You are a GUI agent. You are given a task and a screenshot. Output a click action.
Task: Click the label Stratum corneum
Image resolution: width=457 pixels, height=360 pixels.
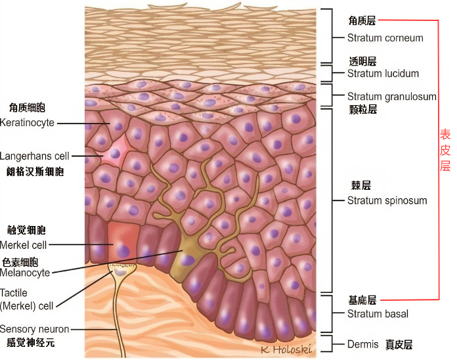pyautogui.click(x=385, y=38)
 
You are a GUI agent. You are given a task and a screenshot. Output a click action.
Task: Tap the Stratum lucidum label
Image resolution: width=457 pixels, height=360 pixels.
pyautogui.click(x=383, y=74)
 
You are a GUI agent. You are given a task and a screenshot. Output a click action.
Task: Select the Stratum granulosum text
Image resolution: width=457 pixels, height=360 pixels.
pyautogui.click(x=391, y=97)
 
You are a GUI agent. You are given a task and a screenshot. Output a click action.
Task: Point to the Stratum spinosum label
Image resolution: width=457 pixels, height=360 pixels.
pyautogui.click(x=387, y=200)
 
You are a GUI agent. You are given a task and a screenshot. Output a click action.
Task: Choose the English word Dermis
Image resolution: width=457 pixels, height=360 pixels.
pyautogui.click(x=362, y=344)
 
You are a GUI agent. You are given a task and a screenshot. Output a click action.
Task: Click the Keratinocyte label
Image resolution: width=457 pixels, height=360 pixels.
pyautogui.click(x=27, y=122)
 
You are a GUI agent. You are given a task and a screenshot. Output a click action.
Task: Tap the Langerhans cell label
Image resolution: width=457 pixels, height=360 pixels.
pyautogui.click(x=34, y=156)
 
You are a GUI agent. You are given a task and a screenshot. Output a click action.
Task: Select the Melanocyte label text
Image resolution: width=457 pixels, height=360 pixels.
pyautogui.click(x=25, y=273)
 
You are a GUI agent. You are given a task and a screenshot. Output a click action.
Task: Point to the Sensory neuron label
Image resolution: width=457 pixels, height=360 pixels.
pyautogui.click(x=34, y=329)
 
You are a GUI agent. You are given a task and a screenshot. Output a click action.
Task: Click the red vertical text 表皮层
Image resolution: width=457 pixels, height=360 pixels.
pyautogui.click(x=445, y=150)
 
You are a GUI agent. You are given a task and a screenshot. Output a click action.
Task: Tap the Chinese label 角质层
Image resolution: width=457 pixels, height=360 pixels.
pyautogui.click(x=362, y=21)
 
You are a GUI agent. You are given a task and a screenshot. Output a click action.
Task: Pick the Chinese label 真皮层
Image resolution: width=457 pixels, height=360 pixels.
pyautogui.click(x=399, y=344)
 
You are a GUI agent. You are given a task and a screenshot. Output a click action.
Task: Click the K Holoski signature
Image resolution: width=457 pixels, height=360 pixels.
pyautogui.click(x=285, y=349)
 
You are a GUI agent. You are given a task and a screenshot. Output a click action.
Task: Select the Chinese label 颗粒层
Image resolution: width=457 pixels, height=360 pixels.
pyautogui.click(x=362, y=110)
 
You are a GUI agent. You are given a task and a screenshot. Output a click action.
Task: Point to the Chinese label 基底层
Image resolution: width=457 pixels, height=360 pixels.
pyautogui.click(x=362, y=300)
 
